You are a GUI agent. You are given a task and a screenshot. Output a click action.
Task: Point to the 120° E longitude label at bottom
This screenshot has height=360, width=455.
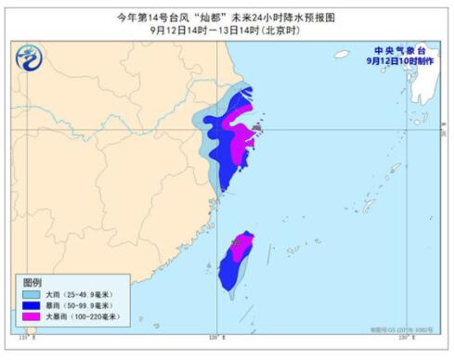click(215, 337)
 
